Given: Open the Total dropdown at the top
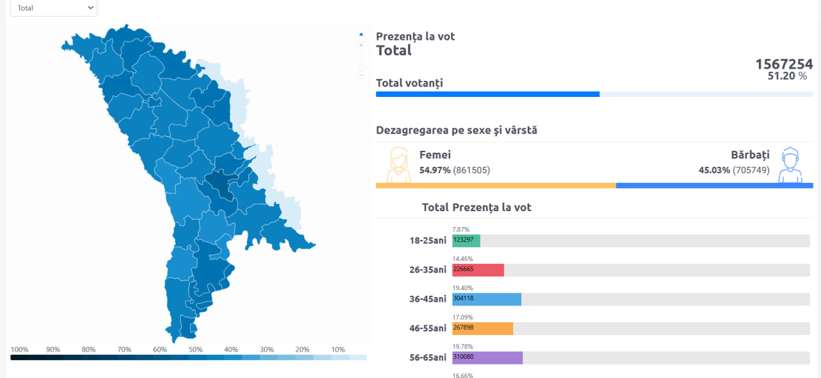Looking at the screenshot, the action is [x=54, y=8].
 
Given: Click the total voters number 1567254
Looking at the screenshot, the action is [x=784, y=64].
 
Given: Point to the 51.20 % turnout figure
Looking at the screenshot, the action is [x=787, y=76].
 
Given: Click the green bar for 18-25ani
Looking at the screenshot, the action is [x=466, y=241].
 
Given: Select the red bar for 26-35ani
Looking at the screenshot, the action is [x=478, y=270].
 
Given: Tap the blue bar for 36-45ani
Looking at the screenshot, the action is [x=487, y=299].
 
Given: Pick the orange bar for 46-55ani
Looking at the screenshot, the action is [x=483, y=329].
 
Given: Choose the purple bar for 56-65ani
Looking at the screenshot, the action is [x=487, y=358].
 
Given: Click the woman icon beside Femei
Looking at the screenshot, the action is [x=398, y=165].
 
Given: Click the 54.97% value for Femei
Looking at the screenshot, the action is [x=435, y=170].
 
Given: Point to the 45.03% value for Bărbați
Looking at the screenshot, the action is [x=714, y=170].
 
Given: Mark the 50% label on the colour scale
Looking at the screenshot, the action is [x=196, y=349].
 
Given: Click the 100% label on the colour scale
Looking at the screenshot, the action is [x=19, y=349].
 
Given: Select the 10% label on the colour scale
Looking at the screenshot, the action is [x=338, y=349].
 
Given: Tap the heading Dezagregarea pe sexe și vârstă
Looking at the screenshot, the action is [x=456, y=130].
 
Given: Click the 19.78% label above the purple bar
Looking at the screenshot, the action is [x=462, y=347].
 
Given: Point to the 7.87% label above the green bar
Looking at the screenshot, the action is [x=461, y=230].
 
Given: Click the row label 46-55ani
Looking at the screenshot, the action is [x=428, y=328].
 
